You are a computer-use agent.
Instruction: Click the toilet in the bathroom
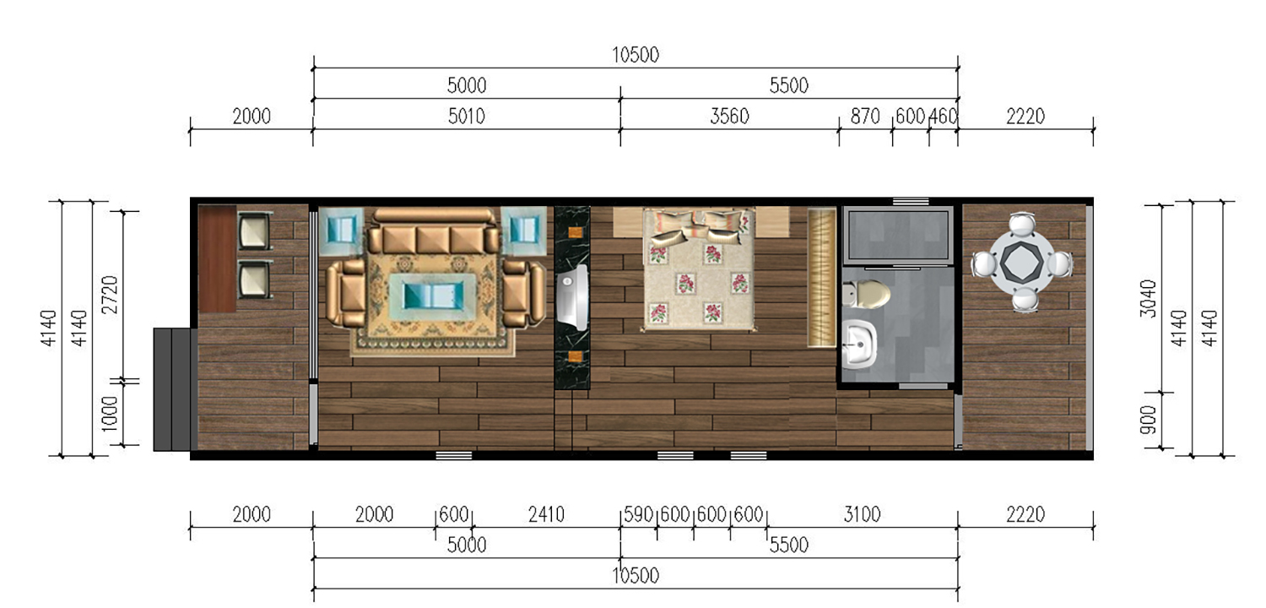865,294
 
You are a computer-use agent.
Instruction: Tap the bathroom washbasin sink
860,345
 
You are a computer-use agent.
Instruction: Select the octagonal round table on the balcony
1022,263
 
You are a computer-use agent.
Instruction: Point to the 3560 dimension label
729,117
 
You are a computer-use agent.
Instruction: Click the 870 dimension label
865,117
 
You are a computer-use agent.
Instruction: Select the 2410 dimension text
546,514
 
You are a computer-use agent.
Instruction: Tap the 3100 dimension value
862,514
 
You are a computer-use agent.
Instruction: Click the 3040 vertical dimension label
1148,298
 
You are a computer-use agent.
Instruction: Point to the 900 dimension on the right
1148,420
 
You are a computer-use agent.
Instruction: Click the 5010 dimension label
466,117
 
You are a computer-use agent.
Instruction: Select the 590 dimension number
639,514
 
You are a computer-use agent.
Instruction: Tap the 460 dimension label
943,117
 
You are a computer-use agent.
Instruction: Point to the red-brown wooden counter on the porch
217,258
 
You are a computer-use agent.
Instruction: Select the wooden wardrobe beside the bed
821,278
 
